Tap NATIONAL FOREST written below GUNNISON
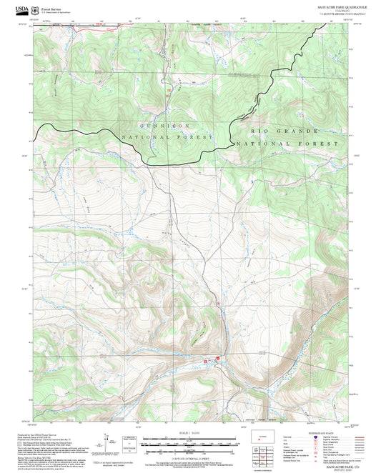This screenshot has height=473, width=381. pos(168,136)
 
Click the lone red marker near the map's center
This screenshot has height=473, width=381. pos(217,302)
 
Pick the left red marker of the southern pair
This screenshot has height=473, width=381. pos(206,362)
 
